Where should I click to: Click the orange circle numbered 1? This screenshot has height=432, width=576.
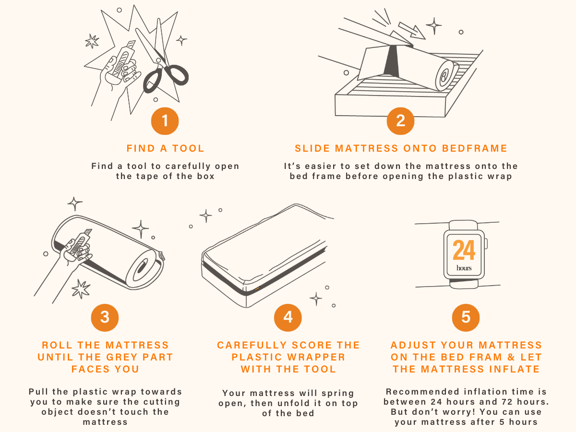[x=165, y=121]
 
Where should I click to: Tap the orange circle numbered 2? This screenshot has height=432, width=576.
[x=400, y=121]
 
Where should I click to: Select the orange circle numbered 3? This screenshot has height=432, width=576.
[x=105, y=317]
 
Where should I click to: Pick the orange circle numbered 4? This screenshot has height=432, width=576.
[x=288, y=317]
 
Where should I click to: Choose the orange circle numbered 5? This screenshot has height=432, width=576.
[x=466, y=317]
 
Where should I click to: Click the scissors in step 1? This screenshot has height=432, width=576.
[x=162, y=61]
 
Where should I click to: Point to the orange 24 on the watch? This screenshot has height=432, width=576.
[x=464, y=250]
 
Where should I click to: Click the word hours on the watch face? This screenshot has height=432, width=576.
[x=464, y=268]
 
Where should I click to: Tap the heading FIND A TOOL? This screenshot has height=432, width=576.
[x=165, y=148]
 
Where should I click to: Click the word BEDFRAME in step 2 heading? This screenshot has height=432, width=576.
[x=474, y=148]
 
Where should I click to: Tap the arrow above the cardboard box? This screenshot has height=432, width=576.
[x=412, y=31]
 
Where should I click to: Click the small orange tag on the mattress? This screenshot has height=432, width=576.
[x=257, y=288]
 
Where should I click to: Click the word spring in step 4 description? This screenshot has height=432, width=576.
[x=338, y=394]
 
